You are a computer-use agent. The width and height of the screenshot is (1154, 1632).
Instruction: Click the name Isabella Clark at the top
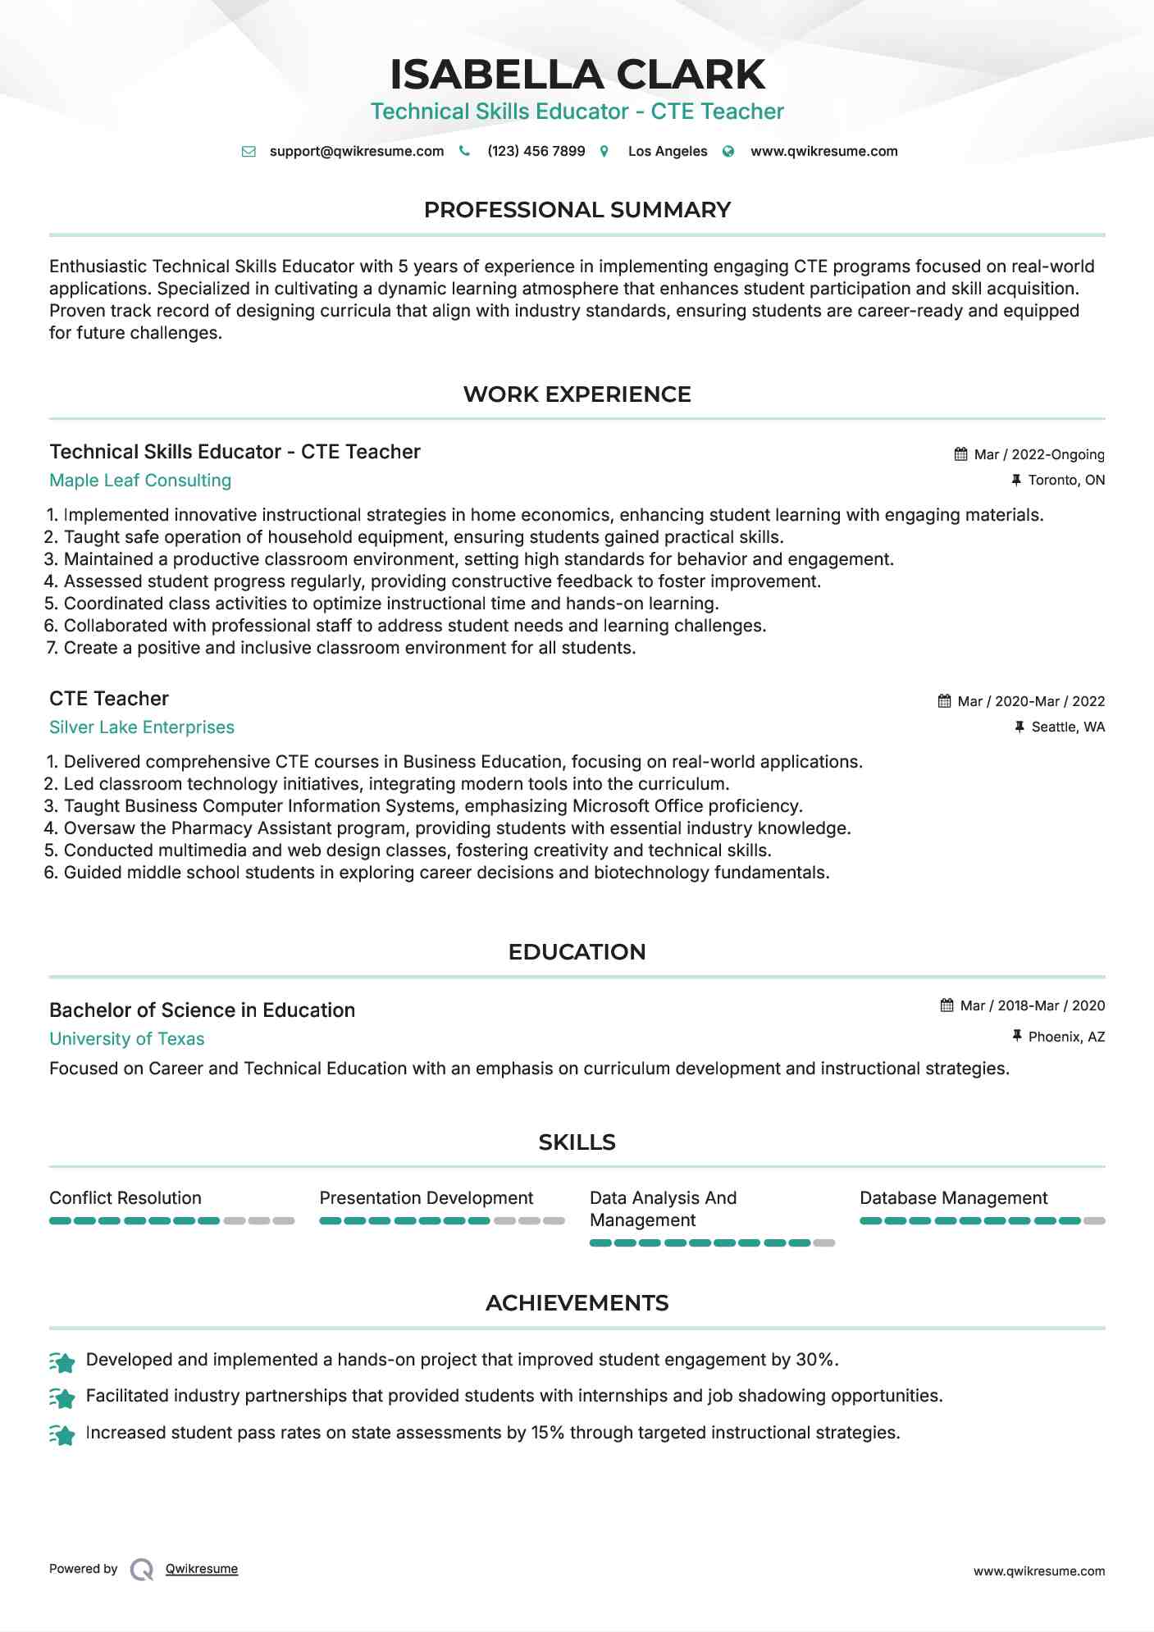[x=577, y=75]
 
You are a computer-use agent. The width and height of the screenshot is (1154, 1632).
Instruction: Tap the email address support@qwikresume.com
[x=356, y=151]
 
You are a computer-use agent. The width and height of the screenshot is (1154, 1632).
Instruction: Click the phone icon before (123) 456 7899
[x=464, y=151]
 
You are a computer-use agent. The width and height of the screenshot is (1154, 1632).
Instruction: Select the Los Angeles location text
[x=667, y=151]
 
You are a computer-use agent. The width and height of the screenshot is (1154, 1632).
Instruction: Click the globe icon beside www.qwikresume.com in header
[x=728, y=151]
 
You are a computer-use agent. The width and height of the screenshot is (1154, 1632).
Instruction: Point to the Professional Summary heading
[x=577, y=210]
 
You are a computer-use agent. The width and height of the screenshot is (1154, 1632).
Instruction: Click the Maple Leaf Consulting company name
[x=140, y=481]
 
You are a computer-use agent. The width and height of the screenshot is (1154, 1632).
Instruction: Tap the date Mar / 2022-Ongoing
[x=1038, y=454]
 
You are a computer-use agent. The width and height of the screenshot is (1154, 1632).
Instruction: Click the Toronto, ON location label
[x=1066, y=480]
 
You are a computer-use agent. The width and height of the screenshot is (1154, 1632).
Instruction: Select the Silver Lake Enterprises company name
[x=141, y=727]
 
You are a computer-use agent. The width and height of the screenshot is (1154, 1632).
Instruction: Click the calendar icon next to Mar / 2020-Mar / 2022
[x=944, y=701]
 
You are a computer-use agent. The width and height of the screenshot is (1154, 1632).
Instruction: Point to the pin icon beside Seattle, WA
[x=1019, y=727]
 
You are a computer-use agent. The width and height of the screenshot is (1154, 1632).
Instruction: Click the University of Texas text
[x=126, y=1039]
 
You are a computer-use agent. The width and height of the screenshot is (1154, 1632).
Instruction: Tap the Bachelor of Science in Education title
[x=202, y=1010]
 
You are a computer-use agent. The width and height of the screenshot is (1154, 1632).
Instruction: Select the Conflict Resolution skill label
[x=125, y=1198]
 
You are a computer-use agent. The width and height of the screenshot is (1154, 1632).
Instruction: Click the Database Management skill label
[x=953, y=1198]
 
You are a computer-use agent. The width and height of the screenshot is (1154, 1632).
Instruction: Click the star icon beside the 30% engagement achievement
[x=62, y=1362]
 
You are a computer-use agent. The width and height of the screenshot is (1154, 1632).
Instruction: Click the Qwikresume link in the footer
[x=201, y=1569]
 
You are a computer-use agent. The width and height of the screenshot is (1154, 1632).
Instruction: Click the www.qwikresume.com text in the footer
[x=1038, y=1571]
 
